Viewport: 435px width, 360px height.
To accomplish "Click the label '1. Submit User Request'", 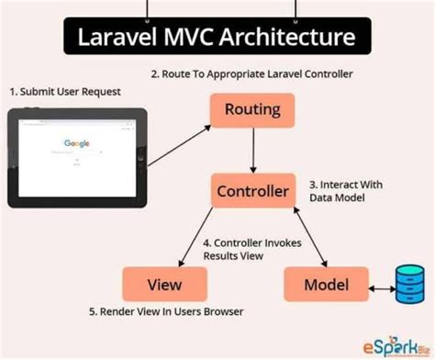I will [x=64, y=92].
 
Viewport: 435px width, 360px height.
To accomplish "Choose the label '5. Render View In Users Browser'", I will [x=166, y=312].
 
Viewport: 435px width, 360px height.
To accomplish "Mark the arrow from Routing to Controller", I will [x=253, y=152].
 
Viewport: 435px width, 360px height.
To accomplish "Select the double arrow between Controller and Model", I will [x=308, y=236].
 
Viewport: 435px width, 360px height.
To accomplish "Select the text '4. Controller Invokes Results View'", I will [x=249, y=248].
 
